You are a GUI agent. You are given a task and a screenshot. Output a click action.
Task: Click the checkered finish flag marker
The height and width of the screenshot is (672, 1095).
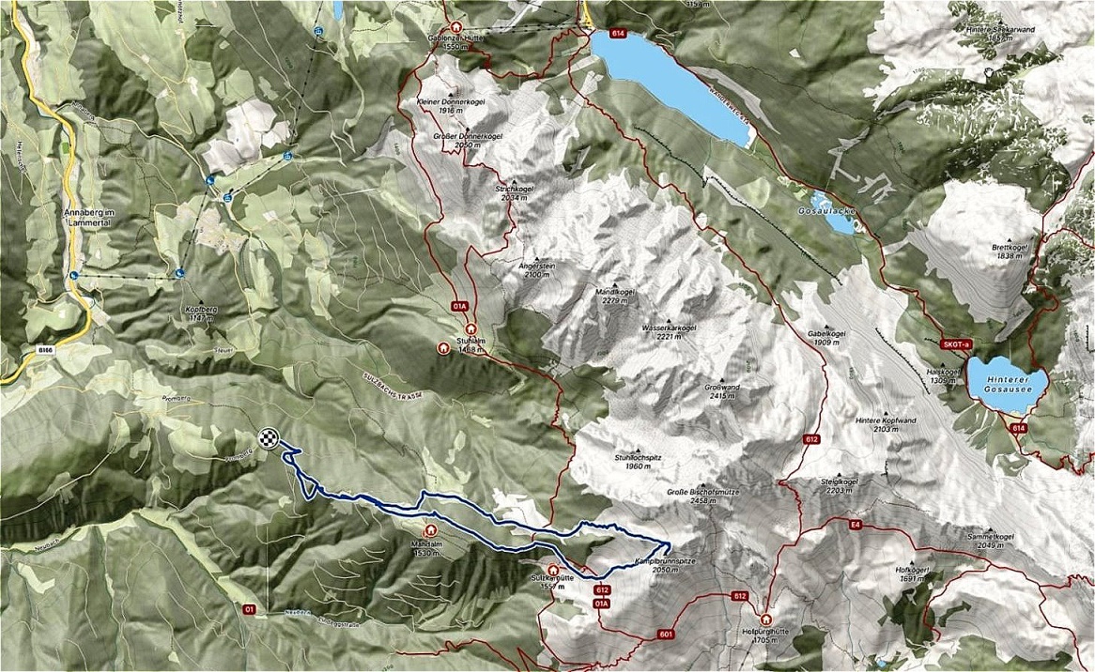270,437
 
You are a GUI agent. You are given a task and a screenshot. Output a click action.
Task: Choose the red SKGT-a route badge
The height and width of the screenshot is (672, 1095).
954,345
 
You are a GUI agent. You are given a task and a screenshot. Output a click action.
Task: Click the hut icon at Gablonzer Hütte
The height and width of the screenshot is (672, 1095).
457,28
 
